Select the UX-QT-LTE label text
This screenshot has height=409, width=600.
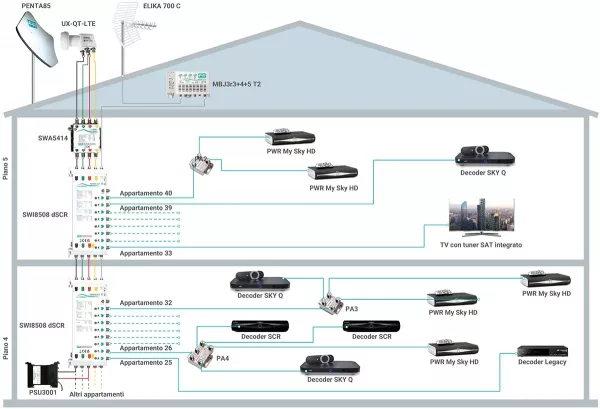[81, 21]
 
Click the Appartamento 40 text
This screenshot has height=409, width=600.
[146, 192]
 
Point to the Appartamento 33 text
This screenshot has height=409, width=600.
[146, 253]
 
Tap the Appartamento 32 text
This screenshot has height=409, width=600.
[146, 301]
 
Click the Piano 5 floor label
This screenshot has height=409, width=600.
[8, 159]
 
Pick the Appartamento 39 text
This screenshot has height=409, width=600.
[146, 207]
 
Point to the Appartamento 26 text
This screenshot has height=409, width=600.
[146, 347]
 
